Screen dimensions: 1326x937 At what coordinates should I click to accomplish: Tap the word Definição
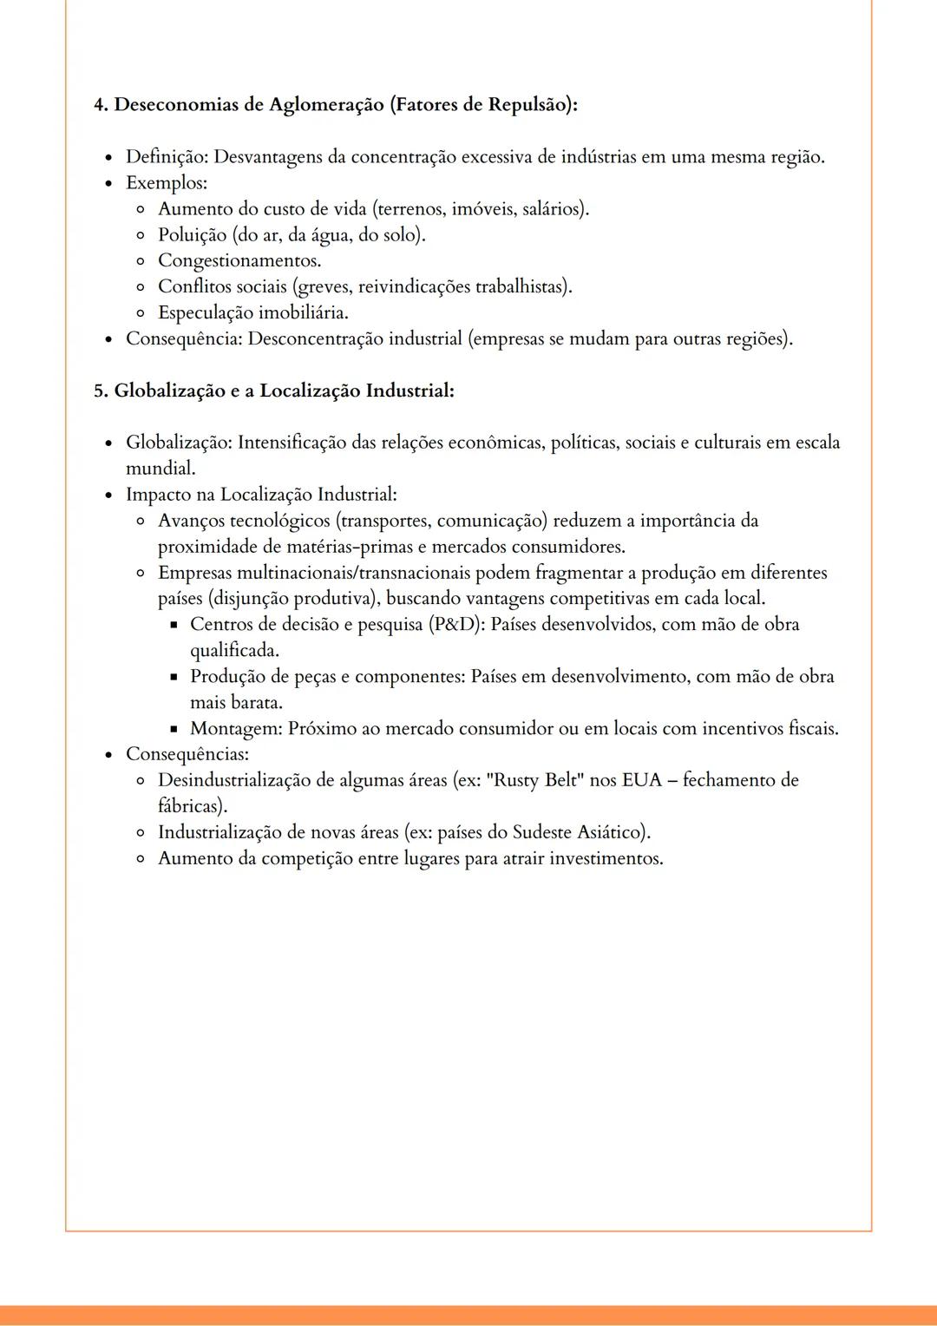click(x=167, y=157)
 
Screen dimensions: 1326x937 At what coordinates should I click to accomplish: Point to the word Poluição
click(x=192, y=235)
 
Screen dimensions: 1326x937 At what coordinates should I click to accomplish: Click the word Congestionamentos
click(x=239, y=261)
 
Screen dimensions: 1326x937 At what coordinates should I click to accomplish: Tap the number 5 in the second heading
click(x=99, y=391)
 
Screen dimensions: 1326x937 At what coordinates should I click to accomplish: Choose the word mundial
click(x=159, y=469)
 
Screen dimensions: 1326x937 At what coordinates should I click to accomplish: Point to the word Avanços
click(x=191, y=521)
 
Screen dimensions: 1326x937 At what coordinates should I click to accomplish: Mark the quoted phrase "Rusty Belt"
click(x=535, y=780)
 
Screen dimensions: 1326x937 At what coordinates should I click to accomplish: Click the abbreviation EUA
click(x=641, y=780)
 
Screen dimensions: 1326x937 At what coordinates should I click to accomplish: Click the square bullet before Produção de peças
click(x=174, y=677)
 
